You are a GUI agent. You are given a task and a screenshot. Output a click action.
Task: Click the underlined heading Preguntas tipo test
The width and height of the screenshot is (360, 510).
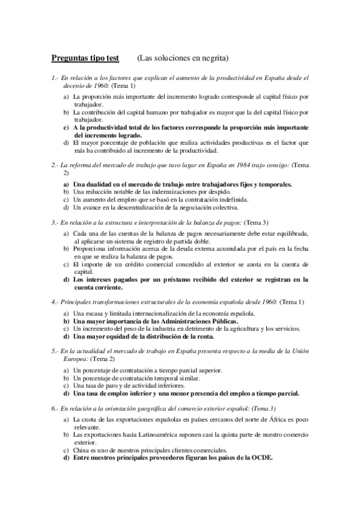85,58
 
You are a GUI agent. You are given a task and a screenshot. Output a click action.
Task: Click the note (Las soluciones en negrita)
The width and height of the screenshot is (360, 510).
182,58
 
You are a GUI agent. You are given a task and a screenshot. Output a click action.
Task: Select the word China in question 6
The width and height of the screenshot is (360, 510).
82,450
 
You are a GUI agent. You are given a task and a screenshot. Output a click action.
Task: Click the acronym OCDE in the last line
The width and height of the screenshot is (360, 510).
259,458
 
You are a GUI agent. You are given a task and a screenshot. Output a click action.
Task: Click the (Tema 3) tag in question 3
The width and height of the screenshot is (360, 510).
257,222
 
